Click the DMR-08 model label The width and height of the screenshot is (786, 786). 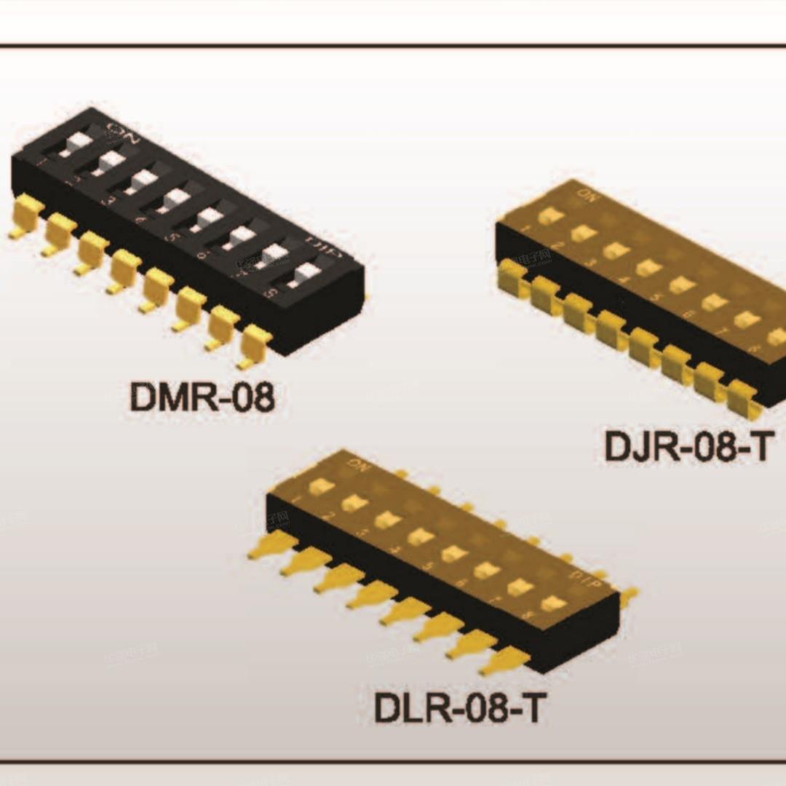click(x=202, y=397)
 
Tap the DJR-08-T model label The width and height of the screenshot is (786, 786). click(x=686, y=446)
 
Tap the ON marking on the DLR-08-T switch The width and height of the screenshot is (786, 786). click(x=357, y=462)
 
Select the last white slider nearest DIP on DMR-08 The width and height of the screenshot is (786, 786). click(x=309, y=273)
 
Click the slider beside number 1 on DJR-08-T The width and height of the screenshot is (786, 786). click(x=550, y=215)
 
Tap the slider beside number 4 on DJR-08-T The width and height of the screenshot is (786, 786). click(x=648, y=268)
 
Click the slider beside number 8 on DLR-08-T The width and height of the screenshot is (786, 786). click(x=554, y=603)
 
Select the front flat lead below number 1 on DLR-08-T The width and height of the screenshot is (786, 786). click(x=273, y=545)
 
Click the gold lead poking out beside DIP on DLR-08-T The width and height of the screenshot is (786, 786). click(x=627, y=595)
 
